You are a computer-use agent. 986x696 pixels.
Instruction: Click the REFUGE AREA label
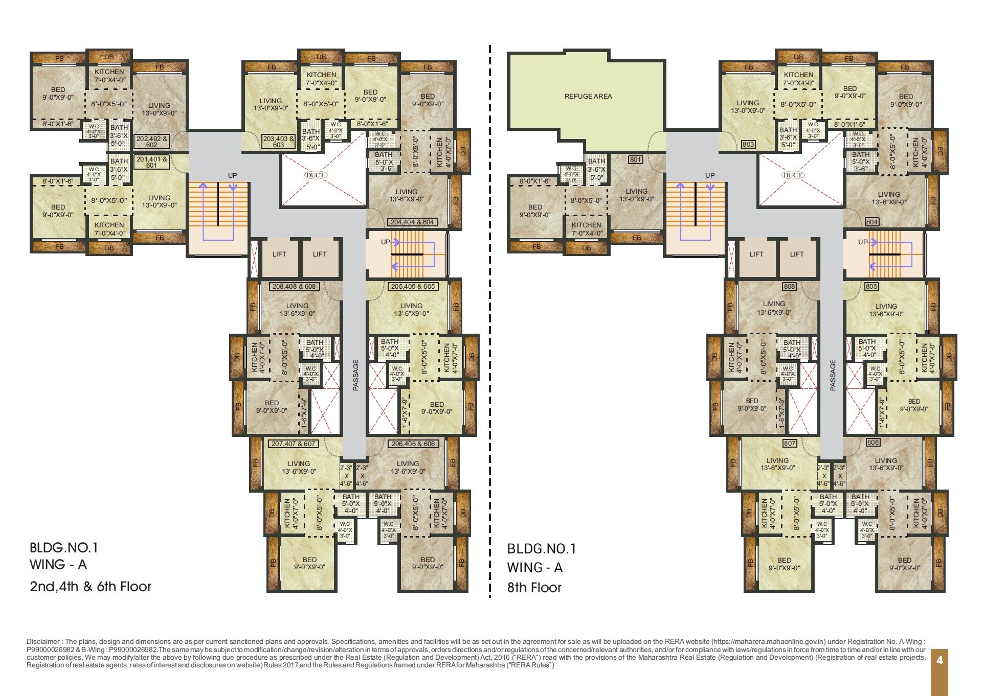[x=588, y=96]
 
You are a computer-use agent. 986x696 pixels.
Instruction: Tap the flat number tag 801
[x=635, y=160]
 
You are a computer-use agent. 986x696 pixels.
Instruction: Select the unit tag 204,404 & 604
[x=412, y=222]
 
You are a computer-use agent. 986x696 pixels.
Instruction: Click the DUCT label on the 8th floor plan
[x=792, y=175]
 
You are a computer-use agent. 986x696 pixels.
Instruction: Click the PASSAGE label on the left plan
[x=356, y=375]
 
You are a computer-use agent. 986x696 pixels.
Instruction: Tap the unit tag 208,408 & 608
[x=294, y=287]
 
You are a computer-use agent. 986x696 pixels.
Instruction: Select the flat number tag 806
[x=872, y=443]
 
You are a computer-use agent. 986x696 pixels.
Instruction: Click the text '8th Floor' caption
[x=534, y=588]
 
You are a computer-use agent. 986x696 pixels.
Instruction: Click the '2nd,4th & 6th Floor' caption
[x=91, y=586]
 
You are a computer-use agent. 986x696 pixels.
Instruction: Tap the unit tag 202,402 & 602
[x=151, y=142]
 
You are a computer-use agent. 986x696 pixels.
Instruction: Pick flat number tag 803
[x=748, y=145]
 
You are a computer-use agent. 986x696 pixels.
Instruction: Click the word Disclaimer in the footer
[x=44, y=641]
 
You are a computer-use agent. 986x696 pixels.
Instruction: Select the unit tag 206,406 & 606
[x=413, y=444]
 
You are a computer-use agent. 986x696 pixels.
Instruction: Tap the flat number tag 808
[x=789, y=287]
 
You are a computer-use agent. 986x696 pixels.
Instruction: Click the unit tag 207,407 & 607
[x=293, y=444]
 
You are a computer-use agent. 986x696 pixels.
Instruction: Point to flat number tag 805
[x=871, y=287]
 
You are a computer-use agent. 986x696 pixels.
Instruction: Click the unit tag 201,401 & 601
[x=151, y=162]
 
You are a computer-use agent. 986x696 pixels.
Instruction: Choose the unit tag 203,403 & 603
[x=278, y=142]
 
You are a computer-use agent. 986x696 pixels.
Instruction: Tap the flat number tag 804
[x=872, y=222]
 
